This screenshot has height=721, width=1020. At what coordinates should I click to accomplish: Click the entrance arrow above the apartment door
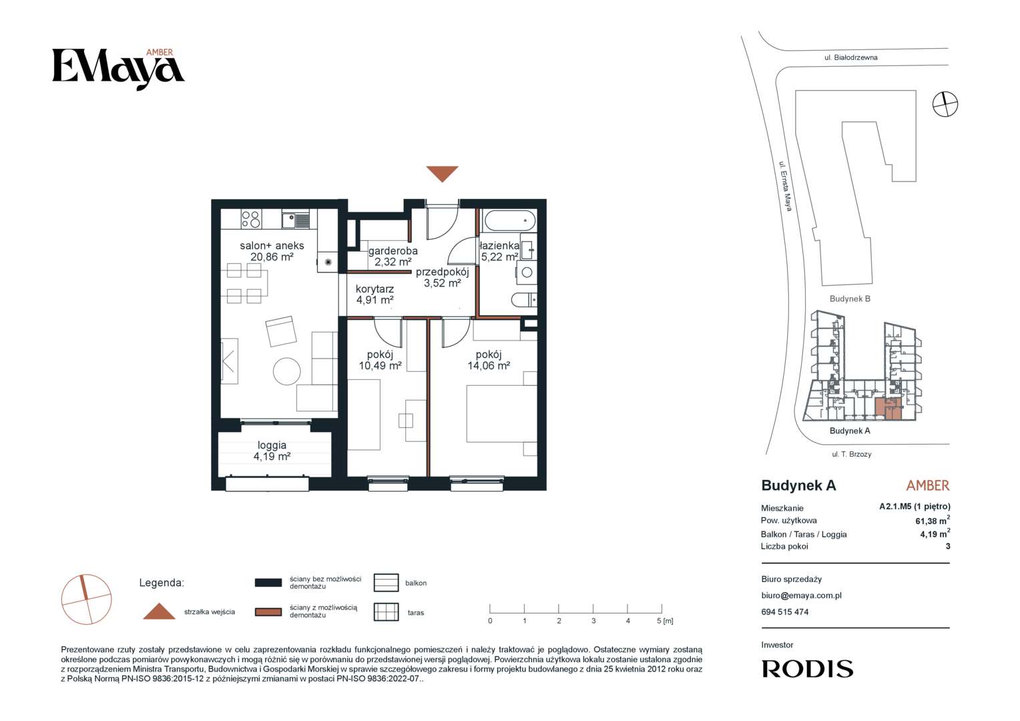pos(442,173)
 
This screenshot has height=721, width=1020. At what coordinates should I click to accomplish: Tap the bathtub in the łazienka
pos(509,221)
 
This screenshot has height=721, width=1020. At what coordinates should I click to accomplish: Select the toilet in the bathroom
pos(524,300)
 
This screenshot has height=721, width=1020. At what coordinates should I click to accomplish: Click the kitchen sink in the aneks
pos(296,220)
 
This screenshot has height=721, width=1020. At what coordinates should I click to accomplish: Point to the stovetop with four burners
pos(251,219)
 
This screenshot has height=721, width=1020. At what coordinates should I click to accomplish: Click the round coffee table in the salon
pos(287,371)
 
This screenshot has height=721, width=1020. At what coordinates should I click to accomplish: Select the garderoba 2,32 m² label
pos(393,256)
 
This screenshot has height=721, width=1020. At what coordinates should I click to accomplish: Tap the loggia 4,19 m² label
pos(272,451)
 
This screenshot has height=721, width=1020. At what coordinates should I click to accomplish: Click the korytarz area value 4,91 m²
pos(374,300)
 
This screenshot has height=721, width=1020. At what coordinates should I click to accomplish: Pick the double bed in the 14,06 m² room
pos(501,413)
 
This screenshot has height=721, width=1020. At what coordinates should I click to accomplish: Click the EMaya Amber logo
pos(118,69)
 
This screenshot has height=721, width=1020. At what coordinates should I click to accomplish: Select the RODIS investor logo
pos(807,669)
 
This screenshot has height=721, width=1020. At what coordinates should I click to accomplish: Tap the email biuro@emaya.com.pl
pos(802,595)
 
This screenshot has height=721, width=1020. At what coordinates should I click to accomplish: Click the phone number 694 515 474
pos(784,612)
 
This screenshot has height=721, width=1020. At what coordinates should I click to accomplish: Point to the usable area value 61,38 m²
pos(933,521)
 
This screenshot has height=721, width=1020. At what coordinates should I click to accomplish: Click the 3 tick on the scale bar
pos(593,608)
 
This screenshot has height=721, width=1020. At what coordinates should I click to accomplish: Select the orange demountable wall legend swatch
pos(268,612)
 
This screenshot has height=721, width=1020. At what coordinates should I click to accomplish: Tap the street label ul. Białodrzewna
pos(851,57)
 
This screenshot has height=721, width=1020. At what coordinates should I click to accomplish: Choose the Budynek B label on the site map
pos(850,299)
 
